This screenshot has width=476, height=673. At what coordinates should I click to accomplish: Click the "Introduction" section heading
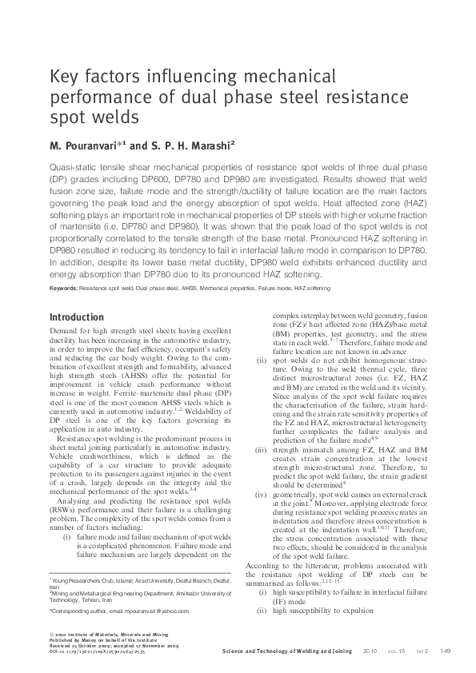77,317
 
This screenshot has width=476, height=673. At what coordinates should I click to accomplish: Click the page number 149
446,651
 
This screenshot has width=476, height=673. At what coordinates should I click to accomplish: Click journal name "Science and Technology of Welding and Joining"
287,651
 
